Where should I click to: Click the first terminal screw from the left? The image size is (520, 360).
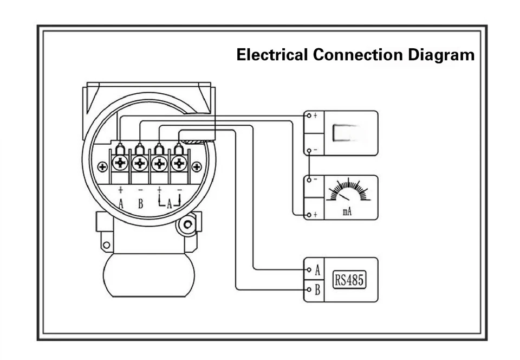coord(120,162)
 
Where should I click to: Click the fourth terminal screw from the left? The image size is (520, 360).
coord(179,162)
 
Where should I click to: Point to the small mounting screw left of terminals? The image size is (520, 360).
coord(102,166)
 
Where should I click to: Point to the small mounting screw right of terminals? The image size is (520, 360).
coord(197,166)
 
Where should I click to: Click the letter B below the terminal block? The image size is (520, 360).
coord(140,204)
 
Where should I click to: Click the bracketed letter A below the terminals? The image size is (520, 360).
coord(170,204)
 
